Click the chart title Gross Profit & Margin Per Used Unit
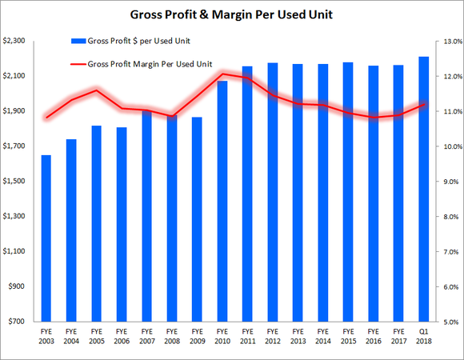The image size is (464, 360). click(232, 14)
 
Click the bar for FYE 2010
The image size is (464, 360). click(222, 201)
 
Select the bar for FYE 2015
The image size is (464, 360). click(347, 192)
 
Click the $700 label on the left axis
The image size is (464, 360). click(18, 322)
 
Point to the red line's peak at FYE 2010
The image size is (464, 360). click(222, 74)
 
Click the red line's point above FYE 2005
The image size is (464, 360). click(97, 90)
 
